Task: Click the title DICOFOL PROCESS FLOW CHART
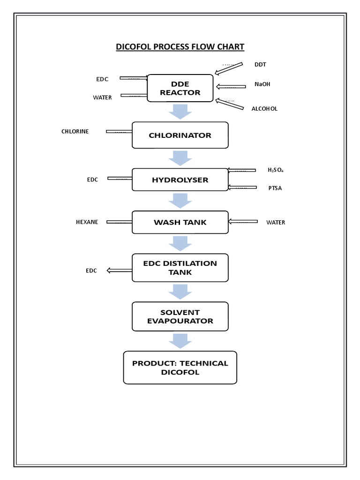click(180, 47)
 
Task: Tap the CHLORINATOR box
click(180, 135)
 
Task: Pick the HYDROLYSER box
click(180, 180)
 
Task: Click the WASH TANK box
click(180, 222)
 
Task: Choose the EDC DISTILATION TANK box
click(180, 268)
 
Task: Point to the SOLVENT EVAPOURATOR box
click(180, 316)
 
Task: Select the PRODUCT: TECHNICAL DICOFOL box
click(180, 367)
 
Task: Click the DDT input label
click(260, 64)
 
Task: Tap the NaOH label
click(262, 84)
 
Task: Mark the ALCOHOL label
click(264, 108)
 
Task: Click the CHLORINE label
click(75, 131)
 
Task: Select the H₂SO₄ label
click(275, 170)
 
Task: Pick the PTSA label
click(275, 188)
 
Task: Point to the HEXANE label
click(87, 222)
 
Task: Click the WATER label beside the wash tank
click(276, 222)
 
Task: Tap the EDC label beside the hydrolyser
click(92, 180)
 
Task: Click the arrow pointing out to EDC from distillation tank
click(120, 270)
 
